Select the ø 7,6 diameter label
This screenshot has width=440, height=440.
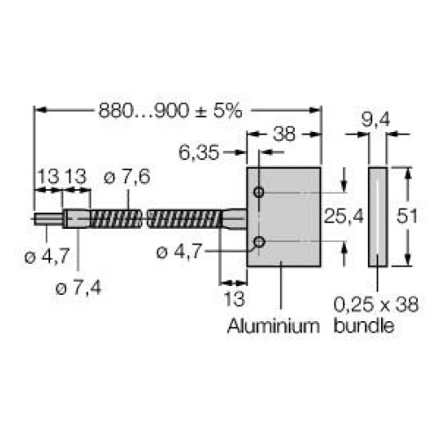126,177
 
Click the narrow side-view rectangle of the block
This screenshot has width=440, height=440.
376,216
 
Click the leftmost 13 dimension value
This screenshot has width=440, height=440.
47,177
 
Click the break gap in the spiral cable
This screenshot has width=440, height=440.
144,216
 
